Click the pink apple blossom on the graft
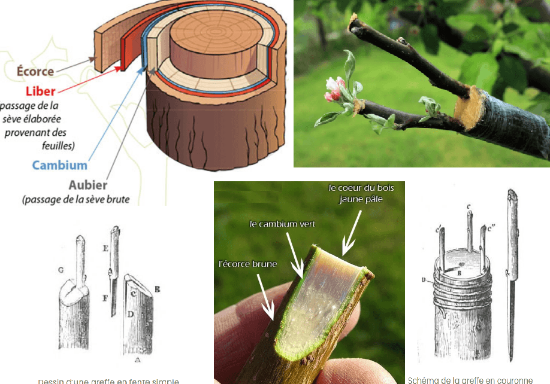334,90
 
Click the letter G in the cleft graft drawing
61,270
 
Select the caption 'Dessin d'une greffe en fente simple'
108,381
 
